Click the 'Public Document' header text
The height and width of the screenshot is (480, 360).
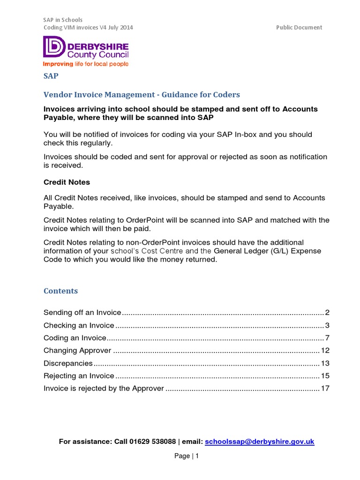[299, 27]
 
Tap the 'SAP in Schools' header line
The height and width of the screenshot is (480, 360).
[63, 20]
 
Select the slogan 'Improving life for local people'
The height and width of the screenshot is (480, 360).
[86, 64]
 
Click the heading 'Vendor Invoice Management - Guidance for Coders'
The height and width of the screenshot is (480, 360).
[142, 95]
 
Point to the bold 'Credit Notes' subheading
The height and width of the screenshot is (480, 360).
[67, 182]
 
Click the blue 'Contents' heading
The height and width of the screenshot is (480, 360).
[60, 291]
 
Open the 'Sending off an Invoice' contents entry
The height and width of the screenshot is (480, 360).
[82, 313]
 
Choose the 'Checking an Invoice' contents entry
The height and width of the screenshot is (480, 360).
[79, 325]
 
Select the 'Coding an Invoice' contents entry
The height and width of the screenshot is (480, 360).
[75, 338]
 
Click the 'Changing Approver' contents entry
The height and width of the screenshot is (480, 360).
[77, 351]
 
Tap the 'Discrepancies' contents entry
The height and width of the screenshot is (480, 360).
[68, 363]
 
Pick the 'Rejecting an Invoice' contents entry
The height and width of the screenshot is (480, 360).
[79, 375]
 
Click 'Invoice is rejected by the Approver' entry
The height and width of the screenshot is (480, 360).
[104, 388]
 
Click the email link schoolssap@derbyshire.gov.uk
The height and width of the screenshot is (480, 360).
[259, 442]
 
